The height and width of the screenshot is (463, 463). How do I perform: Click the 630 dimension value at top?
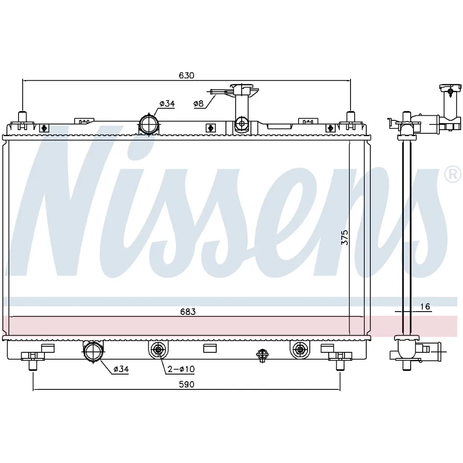(187, 75)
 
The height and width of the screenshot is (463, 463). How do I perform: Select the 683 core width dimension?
(188, 312)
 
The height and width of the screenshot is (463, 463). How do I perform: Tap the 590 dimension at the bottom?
(187, 384)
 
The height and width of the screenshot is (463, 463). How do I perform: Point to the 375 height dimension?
(344, 238)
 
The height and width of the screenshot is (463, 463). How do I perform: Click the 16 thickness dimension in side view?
(425, 307)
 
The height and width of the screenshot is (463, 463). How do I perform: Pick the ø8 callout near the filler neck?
(199, 104)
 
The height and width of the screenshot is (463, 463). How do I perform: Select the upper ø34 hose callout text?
(167, 104)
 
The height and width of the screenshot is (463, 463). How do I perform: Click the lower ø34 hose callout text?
(121, 369)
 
